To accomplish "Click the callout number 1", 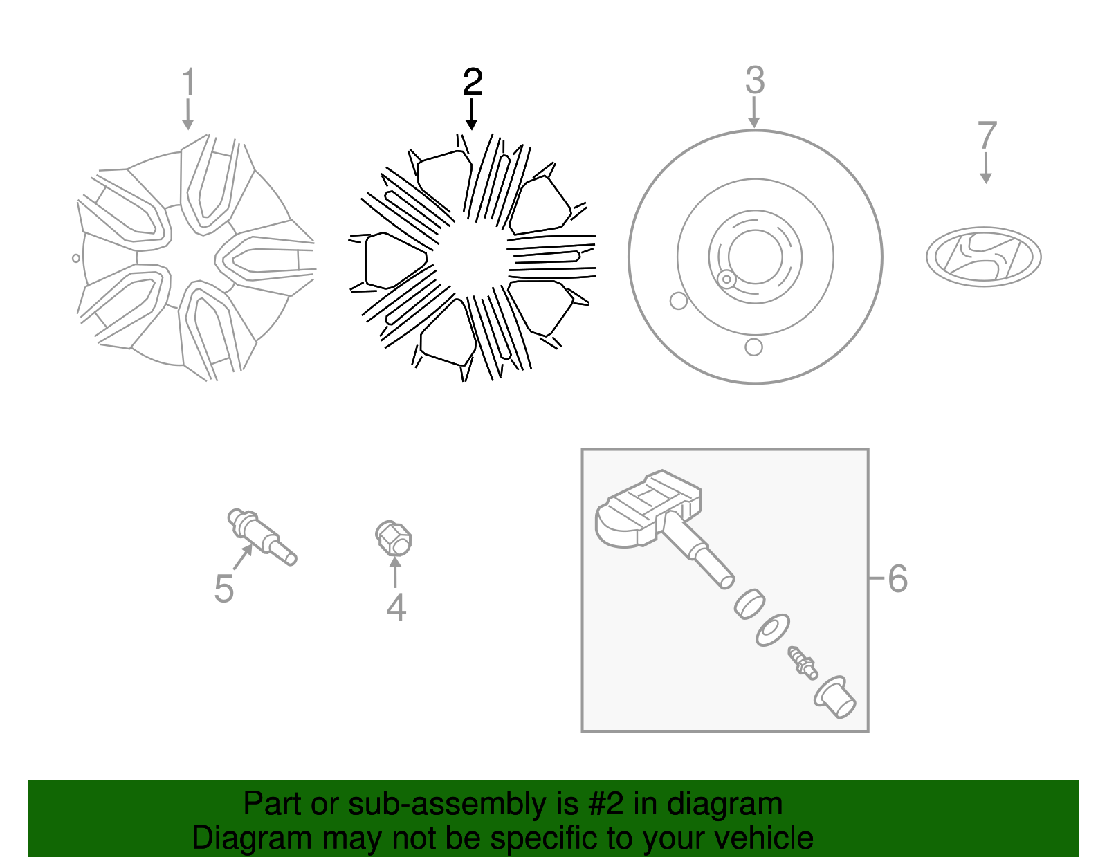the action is click(189, 82).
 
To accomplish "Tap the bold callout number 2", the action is click(473, 82).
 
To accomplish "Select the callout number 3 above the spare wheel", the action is click(754, 80).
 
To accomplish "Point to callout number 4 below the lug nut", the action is click(396, 607).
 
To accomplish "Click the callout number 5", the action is click(223, 589).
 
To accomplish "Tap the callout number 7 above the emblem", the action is click(987, 136).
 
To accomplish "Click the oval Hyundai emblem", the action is click(984, 257).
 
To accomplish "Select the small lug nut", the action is click(393, 538).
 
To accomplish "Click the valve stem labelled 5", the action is click(262, 537).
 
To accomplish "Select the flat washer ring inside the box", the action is click(773, 630).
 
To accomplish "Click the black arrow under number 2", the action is click(471, 115).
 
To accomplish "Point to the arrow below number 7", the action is click(986, 168).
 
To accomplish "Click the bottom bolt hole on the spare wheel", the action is click(753, 347).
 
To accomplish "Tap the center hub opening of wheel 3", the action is click(755, 257).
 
